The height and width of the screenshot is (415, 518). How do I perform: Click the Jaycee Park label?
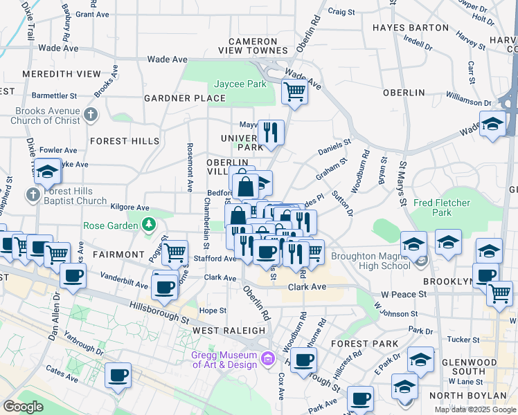240,84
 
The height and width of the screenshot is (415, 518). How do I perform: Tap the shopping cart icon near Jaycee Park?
295,91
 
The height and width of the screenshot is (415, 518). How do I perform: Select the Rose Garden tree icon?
148,224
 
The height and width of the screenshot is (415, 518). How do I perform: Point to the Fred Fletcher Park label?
442,208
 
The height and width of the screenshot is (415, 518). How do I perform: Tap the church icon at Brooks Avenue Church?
90,114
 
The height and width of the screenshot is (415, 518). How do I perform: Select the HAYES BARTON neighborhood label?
410,28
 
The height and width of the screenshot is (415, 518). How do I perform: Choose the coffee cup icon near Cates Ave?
118,375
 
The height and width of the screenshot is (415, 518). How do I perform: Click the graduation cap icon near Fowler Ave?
48,171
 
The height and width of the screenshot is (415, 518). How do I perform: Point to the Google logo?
23,407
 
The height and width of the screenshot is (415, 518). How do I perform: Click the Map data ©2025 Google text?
474,409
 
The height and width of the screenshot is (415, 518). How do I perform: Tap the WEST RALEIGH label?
229,331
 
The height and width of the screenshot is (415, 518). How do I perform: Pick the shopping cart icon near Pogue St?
176,252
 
